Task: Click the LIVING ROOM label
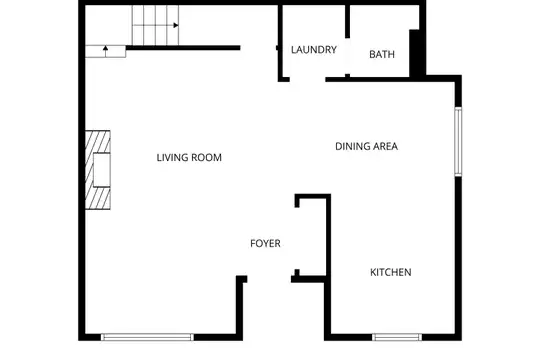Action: click(x=189, y=157)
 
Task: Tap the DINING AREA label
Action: click(x=366, y=146)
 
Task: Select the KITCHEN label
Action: click(x=391, y=272)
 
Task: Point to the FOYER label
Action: click(x=265, y=244)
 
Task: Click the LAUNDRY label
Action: click(x=314, y=50)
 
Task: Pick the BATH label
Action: click(x=382, y=54)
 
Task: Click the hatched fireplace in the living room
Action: click(x=98, y=170)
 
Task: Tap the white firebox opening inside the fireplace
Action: click(x=102, y=170)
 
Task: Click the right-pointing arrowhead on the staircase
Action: click(x=176, y=25)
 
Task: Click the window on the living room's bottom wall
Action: click(x=147, y=337)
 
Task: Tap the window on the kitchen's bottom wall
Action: click(x=397, y=337)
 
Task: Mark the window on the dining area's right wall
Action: click(x=458, y=142)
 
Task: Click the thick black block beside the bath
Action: click(x=415, y=53)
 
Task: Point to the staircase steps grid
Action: click(x=155, y=25)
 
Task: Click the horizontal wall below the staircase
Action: click(x=183, y=48)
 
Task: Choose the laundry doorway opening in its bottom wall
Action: click(x=308, y=80)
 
